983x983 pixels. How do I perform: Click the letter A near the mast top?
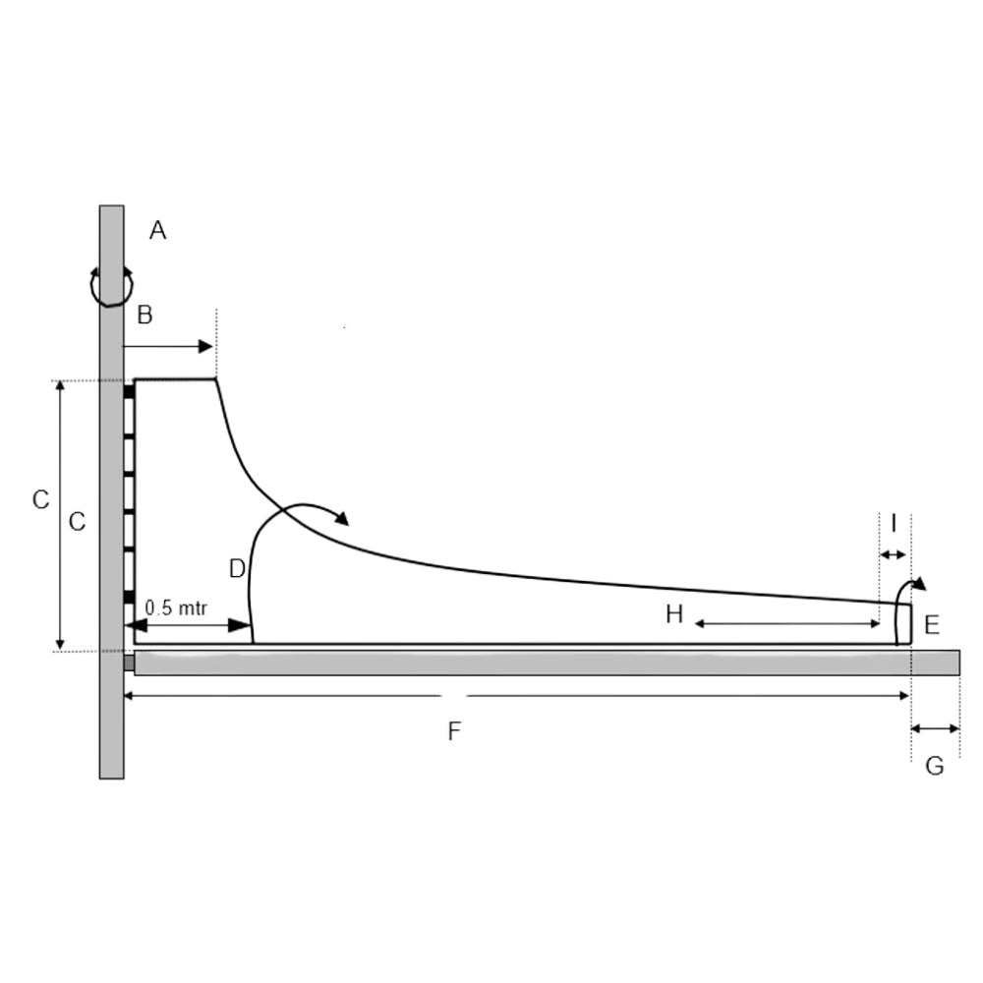[x=157, y=231]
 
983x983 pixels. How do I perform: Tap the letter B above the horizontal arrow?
[x=145, y=315]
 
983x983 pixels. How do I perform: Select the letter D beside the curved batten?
[x=237, y=569]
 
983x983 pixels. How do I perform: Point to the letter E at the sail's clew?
[x=932, y=625]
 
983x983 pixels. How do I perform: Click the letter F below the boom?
[x=454, y=731]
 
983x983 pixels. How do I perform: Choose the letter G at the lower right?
[x=935, y=766]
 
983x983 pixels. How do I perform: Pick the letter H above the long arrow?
[x=674, y=614]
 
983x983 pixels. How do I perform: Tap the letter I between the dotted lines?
[x=894, y=522]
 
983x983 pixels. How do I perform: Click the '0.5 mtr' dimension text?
[x=176, y=607]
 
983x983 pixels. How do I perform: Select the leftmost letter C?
[x=40, y=499]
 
